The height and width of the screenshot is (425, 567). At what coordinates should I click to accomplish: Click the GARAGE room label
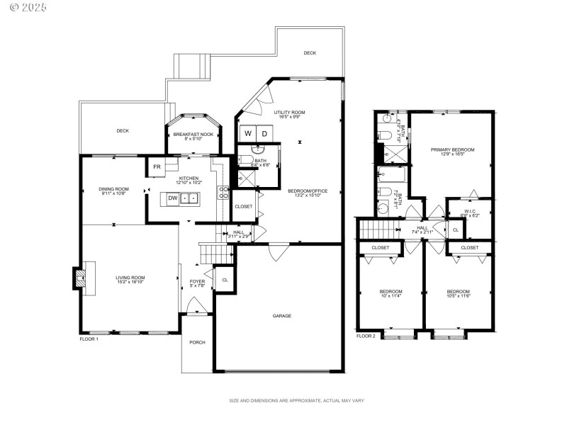point(281,316)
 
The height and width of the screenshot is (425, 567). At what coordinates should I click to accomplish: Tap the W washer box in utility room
point(248,133)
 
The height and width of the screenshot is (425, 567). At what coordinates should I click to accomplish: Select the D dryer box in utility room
point(265,133)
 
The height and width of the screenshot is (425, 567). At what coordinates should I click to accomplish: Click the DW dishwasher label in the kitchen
point(172,199)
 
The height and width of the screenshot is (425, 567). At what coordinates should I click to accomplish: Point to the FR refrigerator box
point(157,167)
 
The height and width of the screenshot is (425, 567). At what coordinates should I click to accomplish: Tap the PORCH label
point(197,342)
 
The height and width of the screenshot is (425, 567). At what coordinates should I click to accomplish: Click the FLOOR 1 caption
point(89,339)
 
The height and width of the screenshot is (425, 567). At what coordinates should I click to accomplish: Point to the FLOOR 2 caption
point(366,336)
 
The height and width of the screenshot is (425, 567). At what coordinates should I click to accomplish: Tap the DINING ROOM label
point(113,191)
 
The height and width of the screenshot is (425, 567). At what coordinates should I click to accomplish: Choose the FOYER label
point(197,283)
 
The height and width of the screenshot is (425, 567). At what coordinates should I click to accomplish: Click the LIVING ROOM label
point(130,279)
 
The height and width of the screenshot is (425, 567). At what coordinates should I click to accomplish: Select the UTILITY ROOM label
point(289,114)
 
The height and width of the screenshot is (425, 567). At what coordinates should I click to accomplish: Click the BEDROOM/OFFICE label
point(305,193)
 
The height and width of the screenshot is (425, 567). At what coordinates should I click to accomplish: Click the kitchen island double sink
point(189,199)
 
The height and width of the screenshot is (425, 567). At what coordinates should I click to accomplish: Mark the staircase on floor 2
point(376,229)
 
